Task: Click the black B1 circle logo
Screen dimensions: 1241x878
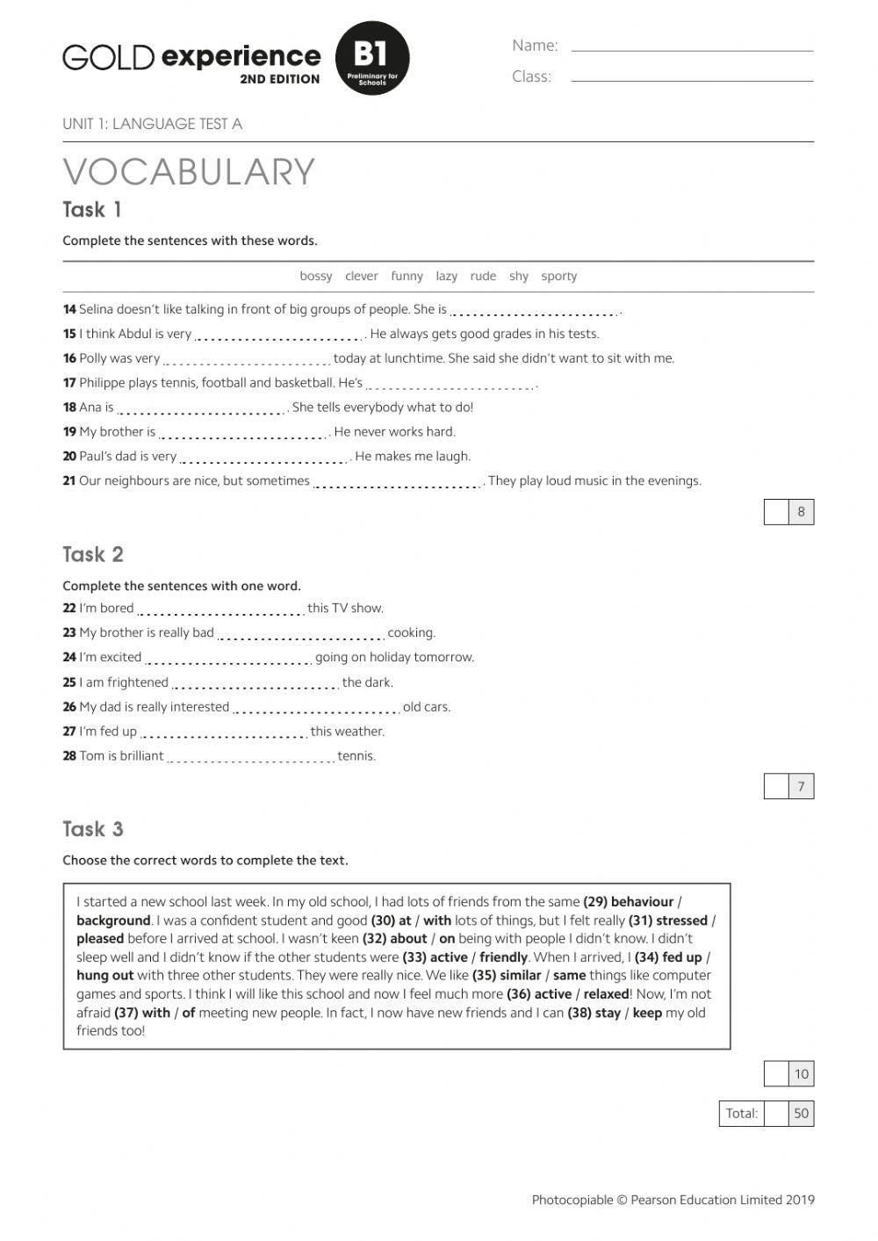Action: tap(372, 58)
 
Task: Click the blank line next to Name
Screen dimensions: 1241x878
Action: tap(692, 49)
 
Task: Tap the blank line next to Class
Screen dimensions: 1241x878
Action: tap(692, 79)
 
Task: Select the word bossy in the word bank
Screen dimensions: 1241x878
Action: tap(316, 276)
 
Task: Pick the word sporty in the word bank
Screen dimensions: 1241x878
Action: tap(559, 276)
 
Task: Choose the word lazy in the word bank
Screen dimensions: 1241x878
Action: tap(446, 276)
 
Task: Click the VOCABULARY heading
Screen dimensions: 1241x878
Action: tap(189, 172)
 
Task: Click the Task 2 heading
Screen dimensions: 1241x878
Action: tap(93, 554)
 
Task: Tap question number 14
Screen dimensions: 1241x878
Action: tap(69, 309)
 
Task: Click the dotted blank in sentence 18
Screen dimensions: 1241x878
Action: tap(202, 410)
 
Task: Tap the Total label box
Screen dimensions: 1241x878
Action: tap(741, 1113)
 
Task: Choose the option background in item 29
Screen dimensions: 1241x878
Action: tap(113, 920)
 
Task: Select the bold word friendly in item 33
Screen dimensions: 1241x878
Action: tap(503, 957)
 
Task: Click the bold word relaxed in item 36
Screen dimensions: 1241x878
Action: tap(606, 994)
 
